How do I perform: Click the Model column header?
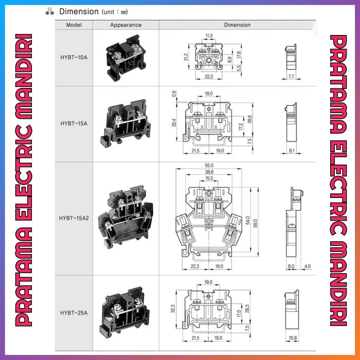[74, 25]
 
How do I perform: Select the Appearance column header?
[125, 25]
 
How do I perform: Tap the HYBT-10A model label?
[74, 58]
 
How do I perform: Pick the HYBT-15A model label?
[74, 123]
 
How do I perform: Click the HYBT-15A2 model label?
[74, 218]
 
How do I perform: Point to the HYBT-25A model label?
[74, 313]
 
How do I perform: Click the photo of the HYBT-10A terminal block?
[126, 58]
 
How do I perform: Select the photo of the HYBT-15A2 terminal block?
[126, 217]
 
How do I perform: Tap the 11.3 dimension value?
[209, 35]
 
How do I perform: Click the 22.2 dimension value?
[208, 77]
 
